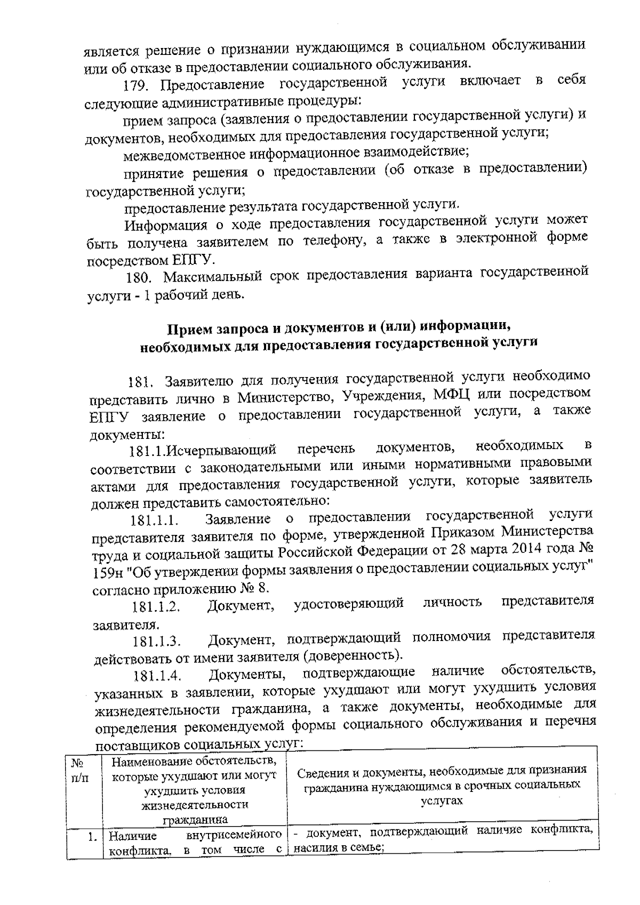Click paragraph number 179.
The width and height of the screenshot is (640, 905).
pos(138,86)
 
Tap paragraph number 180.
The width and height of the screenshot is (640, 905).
pos(141,279)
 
